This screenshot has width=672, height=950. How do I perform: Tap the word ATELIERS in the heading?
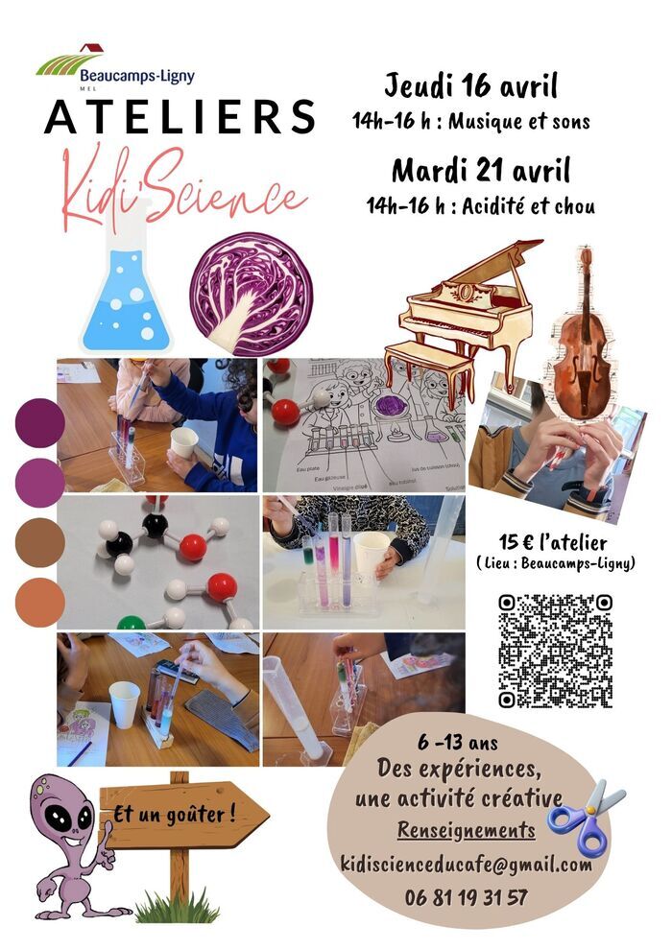coord(180,118)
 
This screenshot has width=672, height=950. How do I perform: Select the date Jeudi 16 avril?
coord(471,86)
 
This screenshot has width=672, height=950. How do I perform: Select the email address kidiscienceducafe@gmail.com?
coord(467,865)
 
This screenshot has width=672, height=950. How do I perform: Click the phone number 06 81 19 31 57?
coord(467,898)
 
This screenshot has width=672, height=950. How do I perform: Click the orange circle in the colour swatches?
coord(40,603)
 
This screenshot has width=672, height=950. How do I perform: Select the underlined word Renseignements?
coord(467,831)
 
